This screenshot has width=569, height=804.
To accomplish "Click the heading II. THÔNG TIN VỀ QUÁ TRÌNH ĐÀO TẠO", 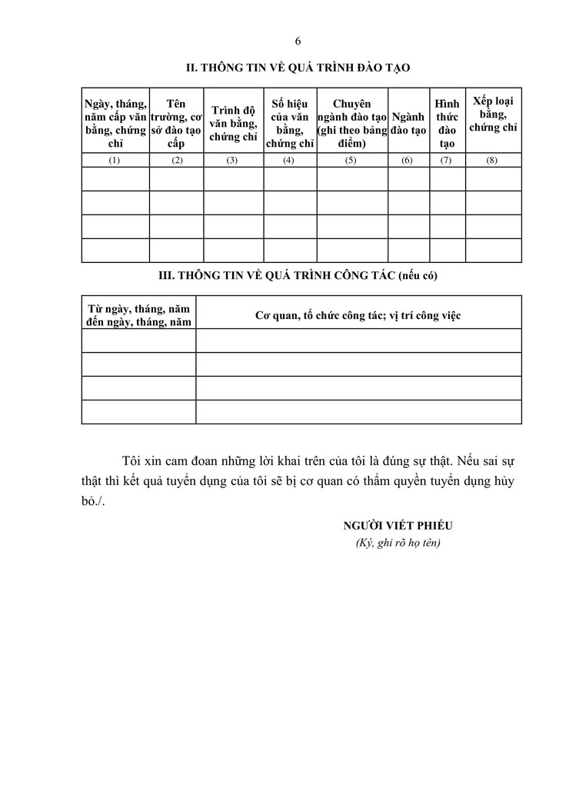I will (299, 68).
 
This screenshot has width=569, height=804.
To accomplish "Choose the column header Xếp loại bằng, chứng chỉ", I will (493, 115).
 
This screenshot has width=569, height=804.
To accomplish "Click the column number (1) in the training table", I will (115, 160).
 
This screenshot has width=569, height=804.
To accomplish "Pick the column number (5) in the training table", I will (351, 160).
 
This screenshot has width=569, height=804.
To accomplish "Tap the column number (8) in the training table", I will (493, 160).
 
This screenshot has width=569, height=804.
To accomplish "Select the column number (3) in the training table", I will (233, 160).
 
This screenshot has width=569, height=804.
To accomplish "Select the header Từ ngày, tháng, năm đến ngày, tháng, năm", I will (138, 315).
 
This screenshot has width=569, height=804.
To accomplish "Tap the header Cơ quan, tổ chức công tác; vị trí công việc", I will (358, 315).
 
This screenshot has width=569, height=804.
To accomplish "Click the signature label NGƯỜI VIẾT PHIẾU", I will (398, 526).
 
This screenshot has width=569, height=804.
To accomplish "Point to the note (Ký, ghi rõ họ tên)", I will (398, 543).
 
